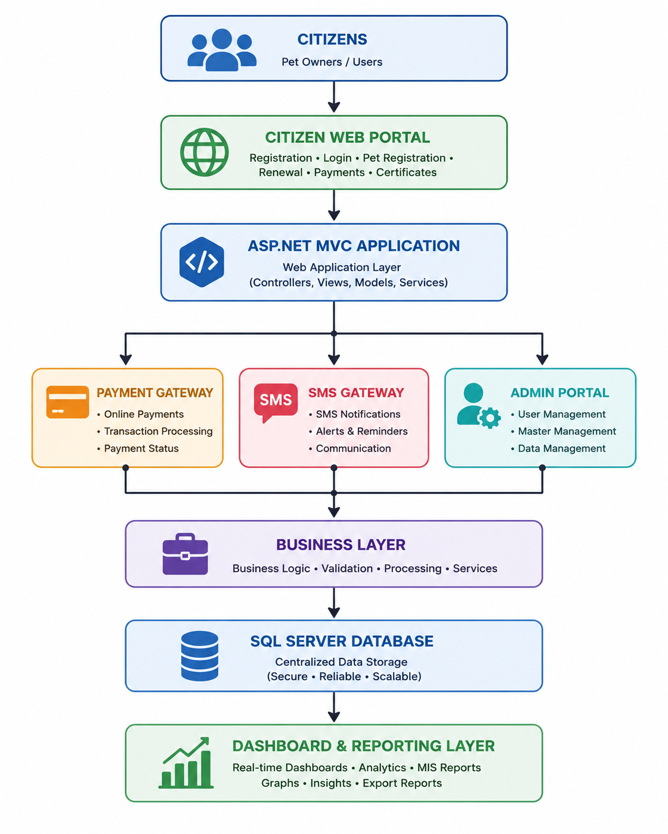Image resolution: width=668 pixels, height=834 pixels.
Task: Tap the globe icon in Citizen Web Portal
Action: [204, 152]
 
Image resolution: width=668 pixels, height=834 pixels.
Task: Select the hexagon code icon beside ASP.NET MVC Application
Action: [202, 262]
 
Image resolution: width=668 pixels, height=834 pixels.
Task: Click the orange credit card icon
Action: [67, 402]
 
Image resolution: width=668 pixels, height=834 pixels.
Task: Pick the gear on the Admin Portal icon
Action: [489, 418]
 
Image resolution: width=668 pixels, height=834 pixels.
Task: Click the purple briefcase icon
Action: [185, 554]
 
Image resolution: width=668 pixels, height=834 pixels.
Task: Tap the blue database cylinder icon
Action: [200, 656]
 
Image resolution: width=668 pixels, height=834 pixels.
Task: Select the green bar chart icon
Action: [186, 763]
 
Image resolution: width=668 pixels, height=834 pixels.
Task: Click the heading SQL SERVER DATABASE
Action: [342, 641]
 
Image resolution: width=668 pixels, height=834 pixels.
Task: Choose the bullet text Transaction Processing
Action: [158, 431]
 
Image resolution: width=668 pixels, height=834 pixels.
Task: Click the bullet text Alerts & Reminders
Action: [361, 431]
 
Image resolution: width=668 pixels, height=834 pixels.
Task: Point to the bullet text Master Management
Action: [567, 431]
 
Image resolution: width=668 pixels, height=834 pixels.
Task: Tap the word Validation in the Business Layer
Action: [347, 569]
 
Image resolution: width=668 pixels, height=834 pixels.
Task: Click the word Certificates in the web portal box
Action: [406, 173]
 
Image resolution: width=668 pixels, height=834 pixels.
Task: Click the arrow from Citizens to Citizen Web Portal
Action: [334, 97]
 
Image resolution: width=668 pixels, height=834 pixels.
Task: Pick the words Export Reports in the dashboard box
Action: [402, 783]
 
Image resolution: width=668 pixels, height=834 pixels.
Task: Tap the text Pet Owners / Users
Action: [332, 62]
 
